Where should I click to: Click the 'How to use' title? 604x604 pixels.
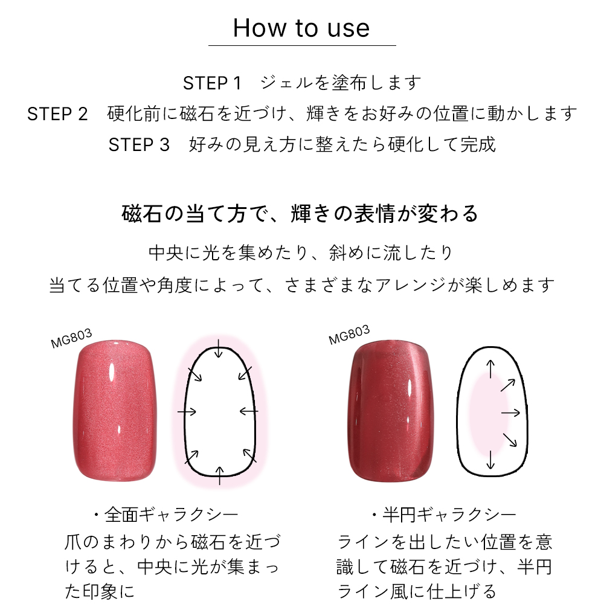(301, 28)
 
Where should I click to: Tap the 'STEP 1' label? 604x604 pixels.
(212, 83)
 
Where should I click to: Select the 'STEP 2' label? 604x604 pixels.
(57, 114)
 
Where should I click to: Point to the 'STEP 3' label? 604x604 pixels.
(139, 145)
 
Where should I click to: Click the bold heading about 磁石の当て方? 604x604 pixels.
(300, 214)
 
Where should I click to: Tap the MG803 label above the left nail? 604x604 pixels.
(72, 338)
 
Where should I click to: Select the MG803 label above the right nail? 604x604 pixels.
(349, 335)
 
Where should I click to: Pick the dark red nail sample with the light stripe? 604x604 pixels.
(391, 411)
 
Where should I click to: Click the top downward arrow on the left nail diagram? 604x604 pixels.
(219, 349)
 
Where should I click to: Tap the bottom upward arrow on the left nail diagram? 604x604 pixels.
(220, 475)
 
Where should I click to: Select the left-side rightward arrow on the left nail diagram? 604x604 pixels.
(187, 412)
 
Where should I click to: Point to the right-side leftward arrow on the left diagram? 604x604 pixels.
(249, 411)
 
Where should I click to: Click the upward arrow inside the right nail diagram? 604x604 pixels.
(490, 369)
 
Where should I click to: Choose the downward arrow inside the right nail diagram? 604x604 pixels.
(490, 460)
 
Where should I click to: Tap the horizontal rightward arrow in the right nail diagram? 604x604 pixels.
(511, 413)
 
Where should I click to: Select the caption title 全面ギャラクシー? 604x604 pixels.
(167, 515)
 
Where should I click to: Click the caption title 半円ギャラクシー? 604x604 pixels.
(444, 515)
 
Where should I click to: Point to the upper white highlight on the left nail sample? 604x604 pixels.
(112, 372)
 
